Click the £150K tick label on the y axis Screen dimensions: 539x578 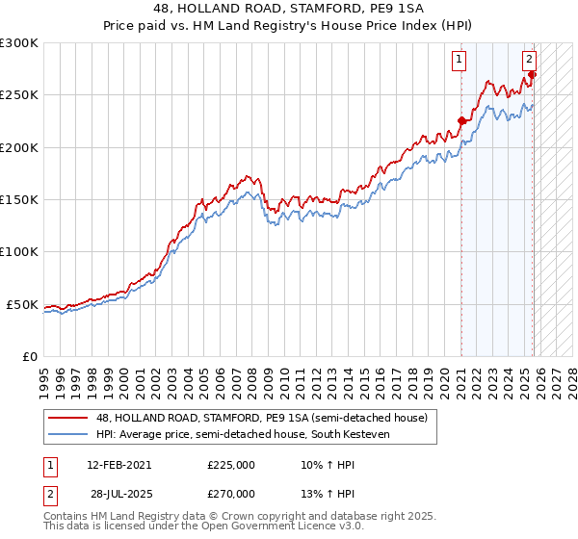pos(19,200)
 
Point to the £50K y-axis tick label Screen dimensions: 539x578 pos(22,304)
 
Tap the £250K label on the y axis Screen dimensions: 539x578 pos(19,95)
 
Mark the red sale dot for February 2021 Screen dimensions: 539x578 pos(461,121)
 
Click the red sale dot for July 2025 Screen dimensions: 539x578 pos(532,74)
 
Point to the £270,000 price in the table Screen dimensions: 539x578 pos(231,493)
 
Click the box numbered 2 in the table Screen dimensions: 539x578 pos(48,493)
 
